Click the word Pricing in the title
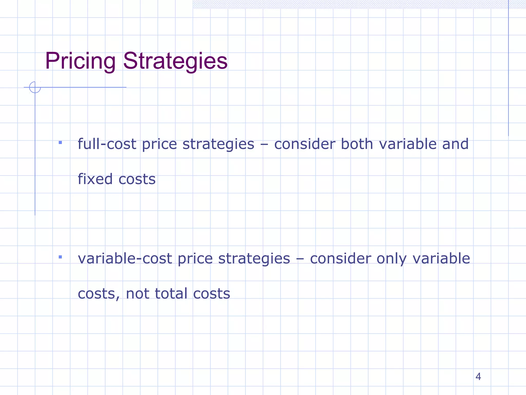pos(80,61)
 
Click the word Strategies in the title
pos(175,61)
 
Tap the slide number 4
pos(478,376)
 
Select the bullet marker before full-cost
pos(60,142)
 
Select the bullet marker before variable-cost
pos(60,257)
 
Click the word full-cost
pos(107,144)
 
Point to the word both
pos(357,144)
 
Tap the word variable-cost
pos(125,258)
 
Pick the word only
pos(391,259)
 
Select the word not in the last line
pos(137,293)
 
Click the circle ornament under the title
pos(35,87)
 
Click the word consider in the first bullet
pos(305,144)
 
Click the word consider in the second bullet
pos(340,258)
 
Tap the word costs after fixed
pos(137,179)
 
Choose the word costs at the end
pos(211,294)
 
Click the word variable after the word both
pos(408,144)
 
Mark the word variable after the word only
pos(441,258)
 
